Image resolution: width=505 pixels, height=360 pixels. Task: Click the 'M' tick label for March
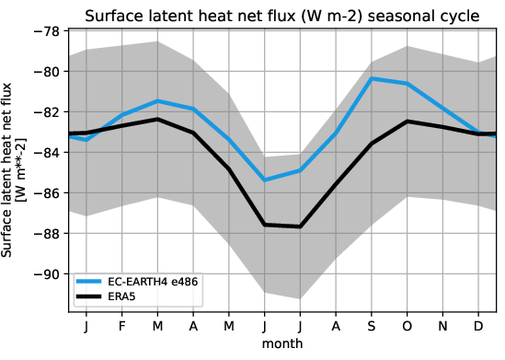(157, 327)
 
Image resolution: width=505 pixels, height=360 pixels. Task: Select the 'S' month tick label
(373, 327)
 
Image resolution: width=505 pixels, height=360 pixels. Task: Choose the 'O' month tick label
(408, 327)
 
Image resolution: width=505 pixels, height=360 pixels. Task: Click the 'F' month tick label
(121, 327)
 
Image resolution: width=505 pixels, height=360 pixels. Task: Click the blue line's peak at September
(373, 78)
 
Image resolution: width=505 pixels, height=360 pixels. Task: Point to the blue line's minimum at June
(265, 180)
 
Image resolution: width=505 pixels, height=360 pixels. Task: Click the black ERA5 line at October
(408, 122)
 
